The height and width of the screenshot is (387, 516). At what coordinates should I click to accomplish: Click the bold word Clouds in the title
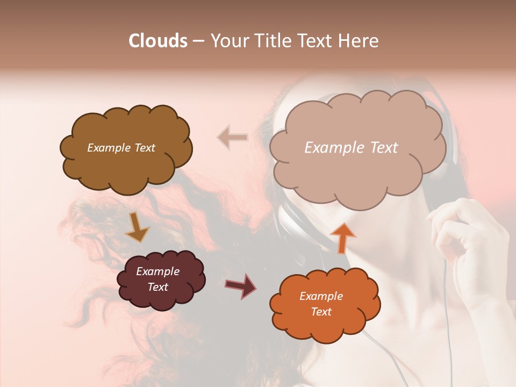pyautogui.click(x=158, y=41)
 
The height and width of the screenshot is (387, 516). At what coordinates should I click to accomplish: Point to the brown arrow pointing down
pyautogui.click(x=137, y=228)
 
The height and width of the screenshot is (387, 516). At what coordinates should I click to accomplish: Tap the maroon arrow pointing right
pyautogui.click(x=241, y=285)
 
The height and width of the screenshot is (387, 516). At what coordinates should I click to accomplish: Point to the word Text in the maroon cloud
pyautogui.click(x=158, y=287)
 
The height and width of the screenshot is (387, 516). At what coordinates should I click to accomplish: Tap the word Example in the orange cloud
pyautogui.click(x=321, y=296)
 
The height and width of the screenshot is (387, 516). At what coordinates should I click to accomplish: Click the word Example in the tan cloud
pyautogui.click(x=333, y=148)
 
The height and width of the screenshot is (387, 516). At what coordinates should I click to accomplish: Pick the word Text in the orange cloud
pyautogui.click(x=321, y=312)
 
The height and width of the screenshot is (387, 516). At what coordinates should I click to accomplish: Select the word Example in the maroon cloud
pyautogui.click(x=158, y=271)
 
